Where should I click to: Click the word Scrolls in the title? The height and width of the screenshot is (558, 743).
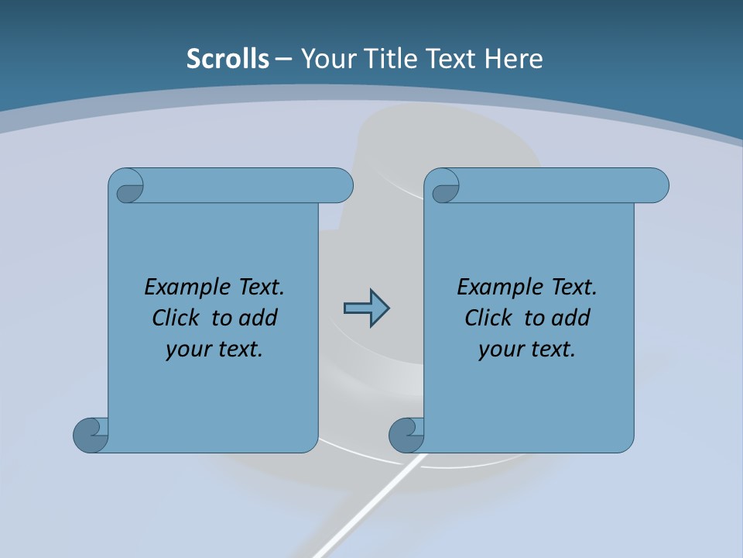(x=228, y=59)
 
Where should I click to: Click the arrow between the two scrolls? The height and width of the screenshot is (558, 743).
(x=366, y=308)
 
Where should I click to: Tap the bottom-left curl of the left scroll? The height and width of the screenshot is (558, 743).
(x=91, y=434)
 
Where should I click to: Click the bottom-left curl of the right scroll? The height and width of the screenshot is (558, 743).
(x=406, y=434)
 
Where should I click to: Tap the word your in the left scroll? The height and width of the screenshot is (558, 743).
(x=186, y=350)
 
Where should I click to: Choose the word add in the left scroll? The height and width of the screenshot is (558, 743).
(x=259, y=318)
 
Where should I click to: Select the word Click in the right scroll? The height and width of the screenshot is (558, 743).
(x=488, y=318)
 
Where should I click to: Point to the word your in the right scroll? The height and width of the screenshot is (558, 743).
(x=498, y=350)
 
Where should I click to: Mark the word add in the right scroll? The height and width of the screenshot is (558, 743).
(x=572, y=318)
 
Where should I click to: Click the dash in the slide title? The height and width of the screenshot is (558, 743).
(x=284, y=59)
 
